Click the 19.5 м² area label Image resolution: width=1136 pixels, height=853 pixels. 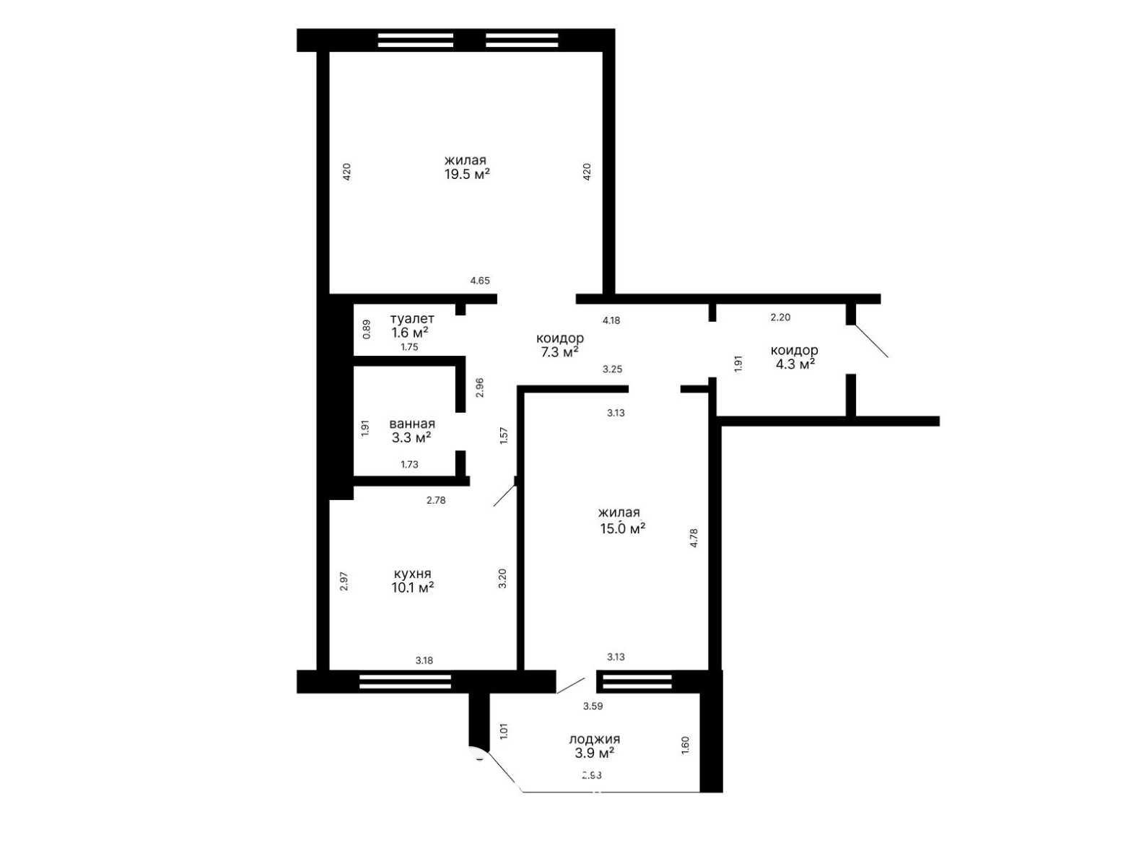[466, 174]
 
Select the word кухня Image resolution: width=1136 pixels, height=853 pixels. [413, 574]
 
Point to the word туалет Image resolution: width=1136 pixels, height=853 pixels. [412, 319]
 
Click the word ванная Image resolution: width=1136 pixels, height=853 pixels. [412, 424]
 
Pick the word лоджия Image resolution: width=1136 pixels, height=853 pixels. [594, 739]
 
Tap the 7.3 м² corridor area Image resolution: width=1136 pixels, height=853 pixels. [559, 352]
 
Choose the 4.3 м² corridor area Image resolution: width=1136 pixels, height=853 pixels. [795, 364]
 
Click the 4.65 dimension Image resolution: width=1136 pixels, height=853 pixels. [480, 281]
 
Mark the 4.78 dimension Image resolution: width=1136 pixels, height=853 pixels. [694, 538]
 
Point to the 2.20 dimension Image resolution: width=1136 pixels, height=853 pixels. [780, 318]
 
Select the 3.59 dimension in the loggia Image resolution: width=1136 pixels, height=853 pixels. [593, 706]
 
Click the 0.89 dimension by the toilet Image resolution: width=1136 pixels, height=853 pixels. [367, 329]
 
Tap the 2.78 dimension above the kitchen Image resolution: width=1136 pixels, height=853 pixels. [436, 500]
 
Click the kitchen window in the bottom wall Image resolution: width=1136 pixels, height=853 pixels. [405, 681]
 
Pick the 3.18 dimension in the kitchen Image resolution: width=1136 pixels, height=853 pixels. [424, 660]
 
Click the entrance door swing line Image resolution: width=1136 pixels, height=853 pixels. [871, 341]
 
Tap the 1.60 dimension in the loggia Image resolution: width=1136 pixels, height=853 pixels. [685, 745]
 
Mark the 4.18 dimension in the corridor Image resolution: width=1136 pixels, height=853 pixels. [611, 320]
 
